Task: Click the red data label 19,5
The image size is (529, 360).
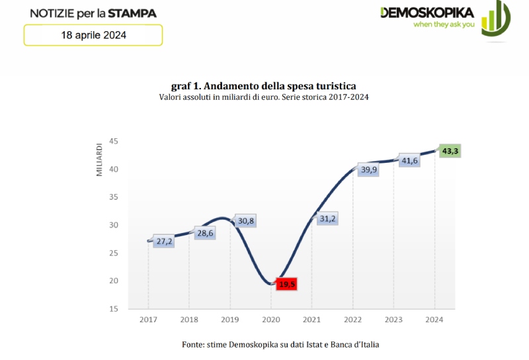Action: point(287,284)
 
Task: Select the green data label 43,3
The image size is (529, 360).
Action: point(450,151)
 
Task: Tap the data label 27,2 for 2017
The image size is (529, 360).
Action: point(163,242)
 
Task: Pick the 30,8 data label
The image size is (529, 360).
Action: point(245,221)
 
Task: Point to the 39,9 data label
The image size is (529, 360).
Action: point(368,170)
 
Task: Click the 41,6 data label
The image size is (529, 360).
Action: point(409,159)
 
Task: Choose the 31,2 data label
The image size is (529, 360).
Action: point(327,219)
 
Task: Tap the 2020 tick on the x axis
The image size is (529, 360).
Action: point(271,320)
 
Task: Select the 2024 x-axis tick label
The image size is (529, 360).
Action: point(434,320)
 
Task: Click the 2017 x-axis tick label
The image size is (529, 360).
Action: point(148,320)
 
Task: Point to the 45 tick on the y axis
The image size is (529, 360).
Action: point(114,142)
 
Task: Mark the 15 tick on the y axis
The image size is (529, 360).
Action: point(114,309)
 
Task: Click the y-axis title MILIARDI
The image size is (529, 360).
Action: point(99,158)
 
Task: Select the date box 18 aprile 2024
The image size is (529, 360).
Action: point(93,35)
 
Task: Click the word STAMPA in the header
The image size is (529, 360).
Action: point(133,13)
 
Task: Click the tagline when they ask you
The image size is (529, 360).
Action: point(444,24)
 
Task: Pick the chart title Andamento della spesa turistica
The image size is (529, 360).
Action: point(264,86)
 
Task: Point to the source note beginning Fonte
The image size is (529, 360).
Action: point(280,344)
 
